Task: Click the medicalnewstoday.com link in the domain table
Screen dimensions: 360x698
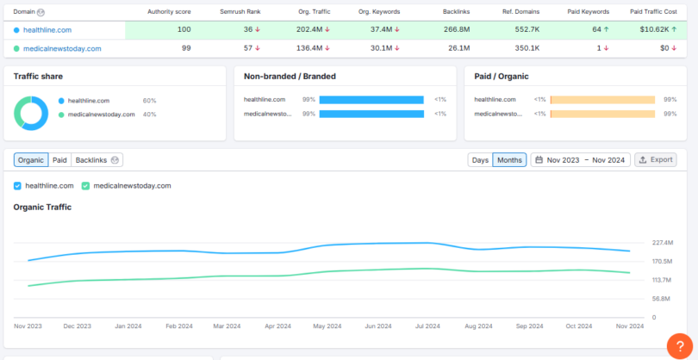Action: tap(62, 48)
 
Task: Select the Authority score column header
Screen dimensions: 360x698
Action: tap(168, 12)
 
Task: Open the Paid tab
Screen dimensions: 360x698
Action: tap(59, 159)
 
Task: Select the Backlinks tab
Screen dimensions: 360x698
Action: tap(97, 159)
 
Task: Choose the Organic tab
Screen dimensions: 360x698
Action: tap(31, 159)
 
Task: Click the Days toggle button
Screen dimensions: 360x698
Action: tap(480, 159)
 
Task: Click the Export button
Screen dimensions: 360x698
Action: tap(656, 159)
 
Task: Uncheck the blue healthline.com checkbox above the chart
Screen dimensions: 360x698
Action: tap(18, 185)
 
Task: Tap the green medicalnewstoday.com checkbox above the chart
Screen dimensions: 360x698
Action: tap(86, 185)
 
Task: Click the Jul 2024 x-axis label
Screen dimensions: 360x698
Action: tap(427, 326)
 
